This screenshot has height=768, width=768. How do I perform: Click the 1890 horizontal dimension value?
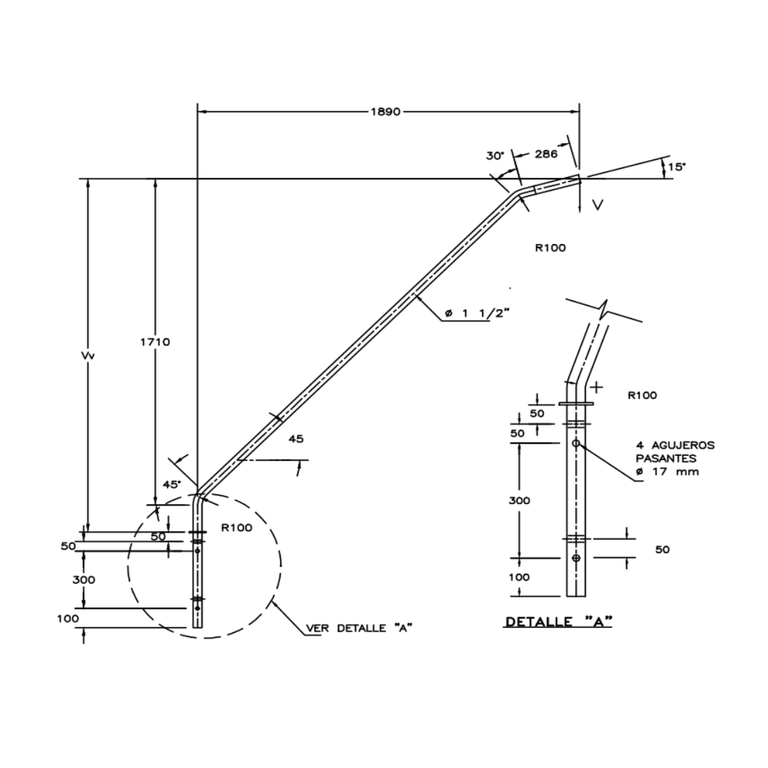point(386,112)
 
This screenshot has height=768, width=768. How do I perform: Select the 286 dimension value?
point(545,154)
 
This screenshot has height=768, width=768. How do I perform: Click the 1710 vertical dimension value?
point(155,341)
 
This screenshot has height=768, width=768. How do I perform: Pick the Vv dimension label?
point(88,355)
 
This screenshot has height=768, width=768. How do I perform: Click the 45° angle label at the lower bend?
point(171,484)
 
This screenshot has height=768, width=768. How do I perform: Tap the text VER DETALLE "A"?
point(360,628)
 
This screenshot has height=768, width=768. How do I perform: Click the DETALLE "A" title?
point(559,622)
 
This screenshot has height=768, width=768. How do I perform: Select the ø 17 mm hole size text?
point(667,471)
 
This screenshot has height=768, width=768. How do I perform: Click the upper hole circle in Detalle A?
point(576,443)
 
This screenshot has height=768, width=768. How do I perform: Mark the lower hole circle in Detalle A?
point(576,558)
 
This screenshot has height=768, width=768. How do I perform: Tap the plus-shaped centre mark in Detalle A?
point(597,388)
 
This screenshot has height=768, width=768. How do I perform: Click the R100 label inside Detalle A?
point(642,395)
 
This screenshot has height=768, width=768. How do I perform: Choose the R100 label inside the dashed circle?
point(237,528)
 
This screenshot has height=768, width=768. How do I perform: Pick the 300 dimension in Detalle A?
point(519,500)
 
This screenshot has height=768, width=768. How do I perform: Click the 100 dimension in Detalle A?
point(519,577)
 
